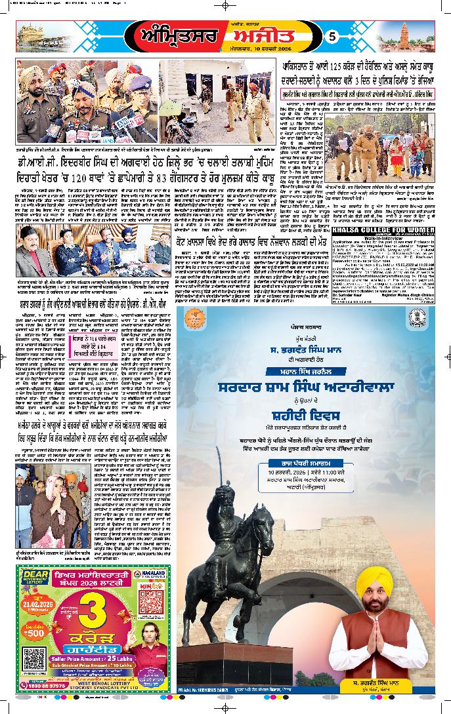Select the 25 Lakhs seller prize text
[x=122, y=658]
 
